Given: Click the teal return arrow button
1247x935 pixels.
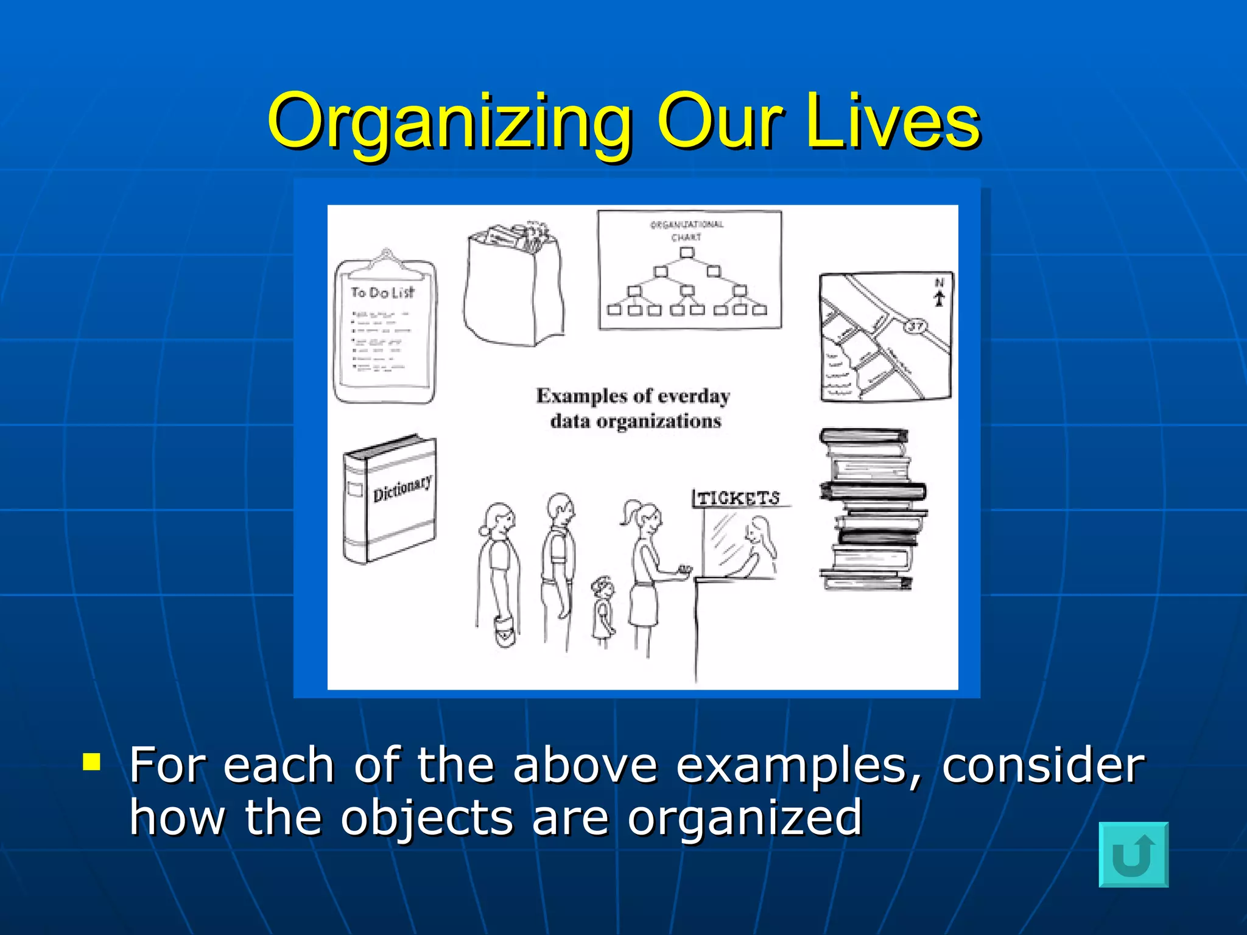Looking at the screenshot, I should tap(1133, 854).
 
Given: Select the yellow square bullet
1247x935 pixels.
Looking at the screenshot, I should tap(92, 762).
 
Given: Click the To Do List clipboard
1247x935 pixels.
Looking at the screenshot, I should tap(385, 329).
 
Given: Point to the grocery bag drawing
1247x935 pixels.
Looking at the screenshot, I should tap(515, 286).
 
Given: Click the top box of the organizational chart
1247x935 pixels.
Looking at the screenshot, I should tap(686, 252).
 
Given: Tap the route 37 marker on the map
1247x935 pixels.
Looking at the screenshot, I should tap(915, 326).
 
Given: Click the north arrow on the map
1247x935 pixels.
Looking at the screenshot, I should tap(940, 297).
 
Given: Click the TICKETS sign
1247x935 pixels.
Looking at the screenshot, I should tap(738, 498).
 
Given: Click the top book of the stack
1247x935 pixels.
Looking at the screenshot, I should tap(863, 436).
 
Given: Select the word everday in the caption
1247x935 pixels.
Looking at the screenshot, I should tap(694, 396).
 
